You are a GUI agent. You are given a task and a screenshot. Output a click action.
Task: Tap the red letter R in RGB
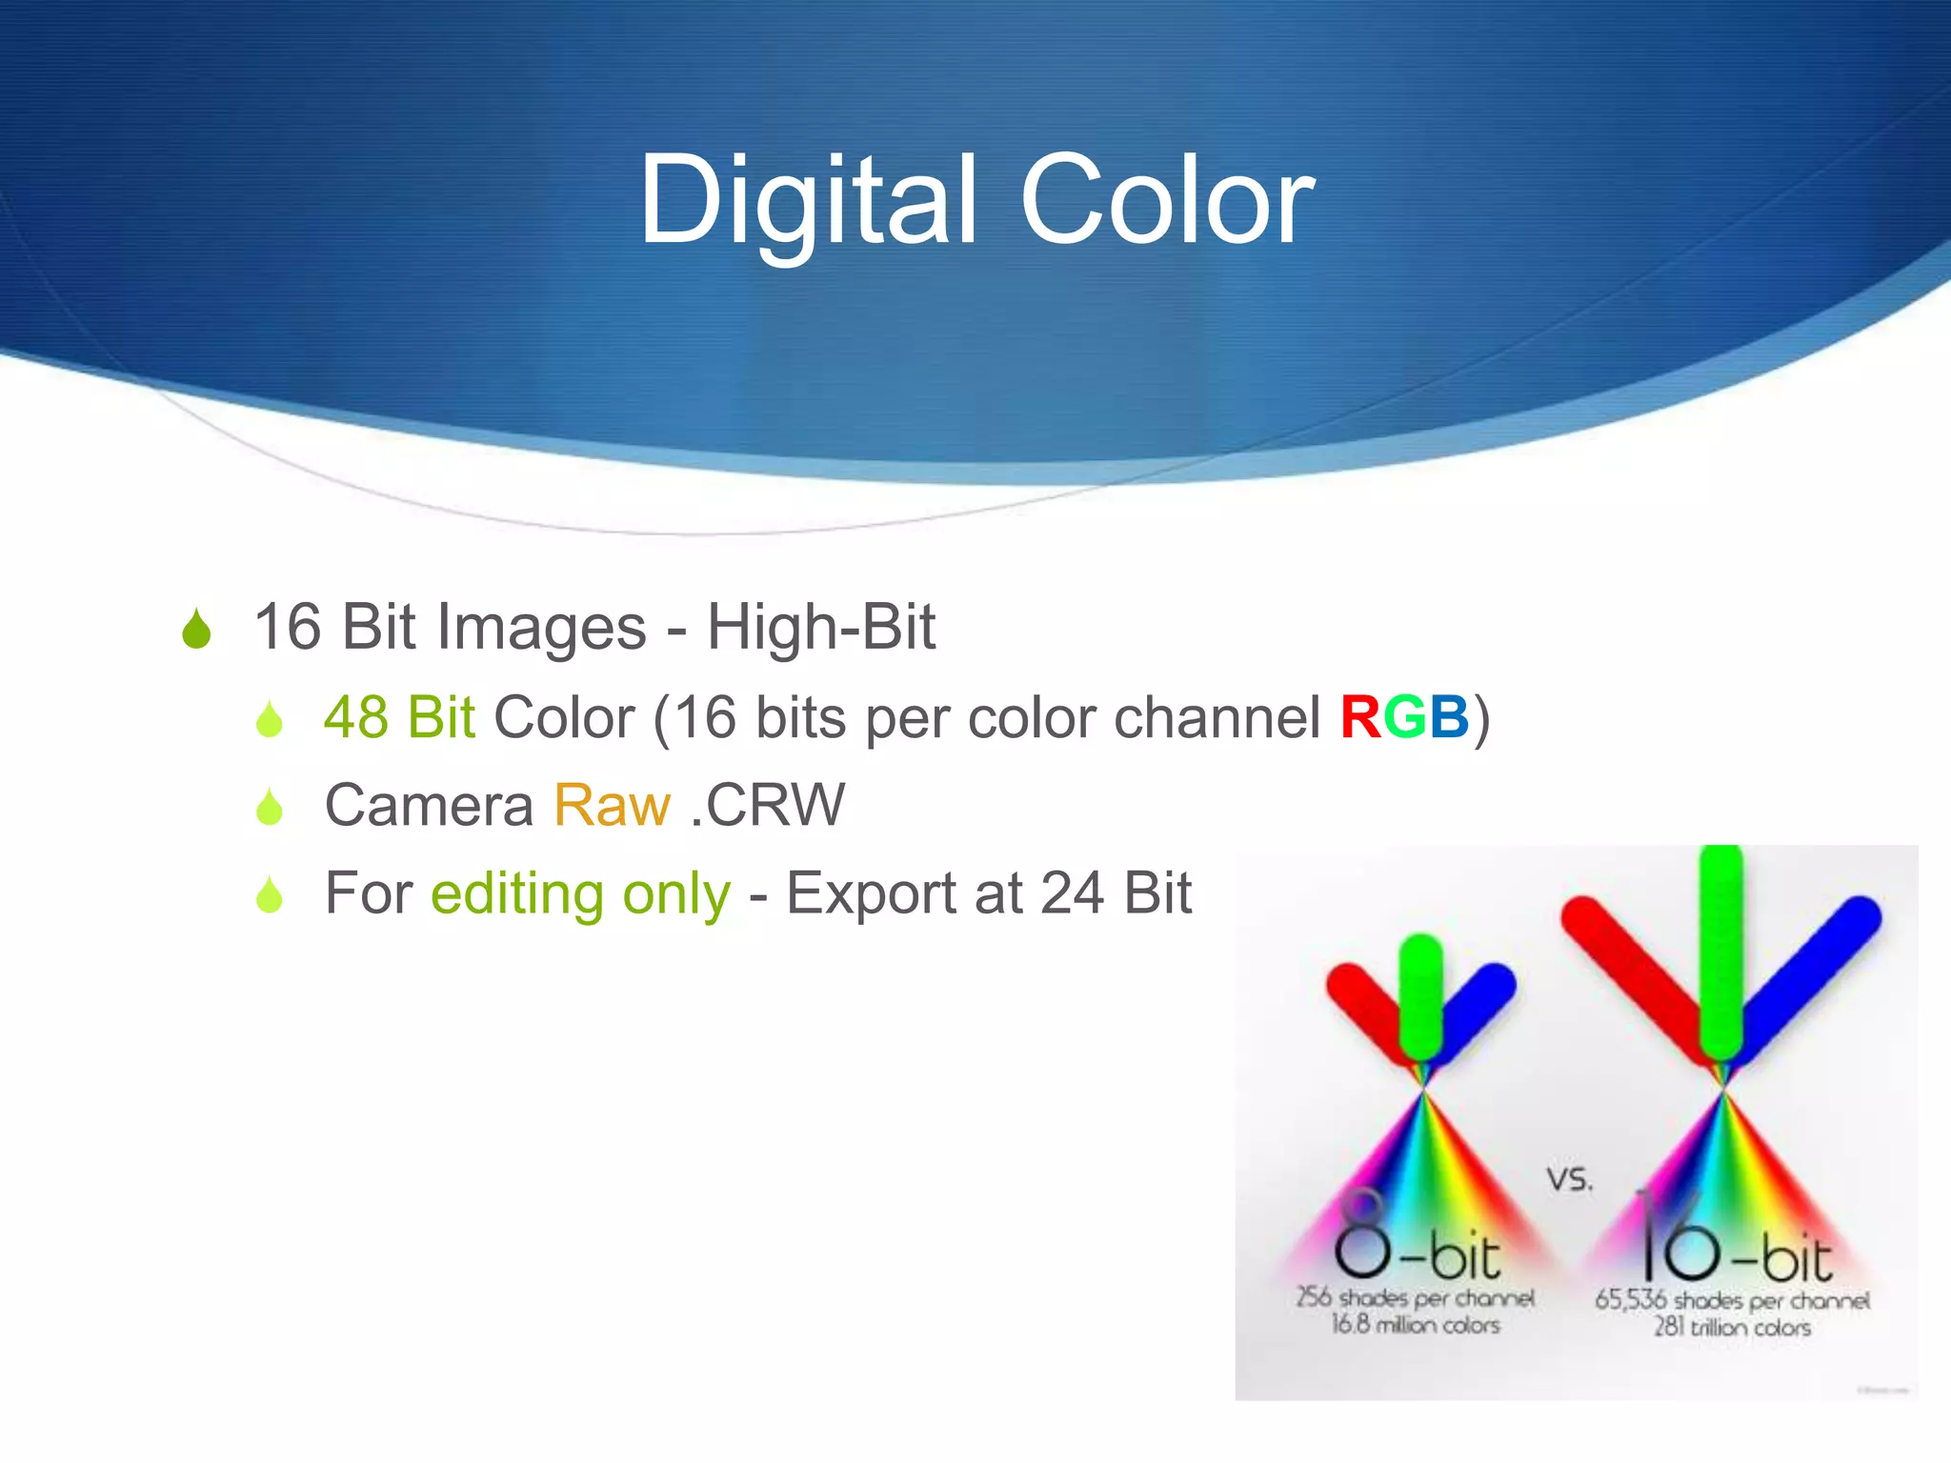point(1360,717)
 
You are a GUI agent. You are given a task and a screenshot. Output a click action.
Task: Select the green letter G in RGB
point(1404,717)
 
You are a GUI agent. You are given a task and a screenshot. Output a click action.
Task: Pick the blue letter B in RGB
point(1449,717)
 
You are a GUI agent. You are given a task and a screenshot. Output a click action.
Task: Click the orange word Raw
point(612,806)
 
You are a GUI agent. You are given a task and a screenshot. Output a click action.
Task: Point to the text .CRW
point(768,806)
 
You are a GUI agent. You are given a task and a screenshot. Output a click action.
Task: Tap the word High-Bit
point(820,628)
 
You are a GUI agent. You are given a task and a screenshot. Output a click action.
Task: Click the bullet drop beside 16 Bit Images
point(196,629)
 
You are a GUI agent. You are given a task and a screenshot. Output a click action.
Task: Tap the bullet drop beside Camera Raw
point(270,807)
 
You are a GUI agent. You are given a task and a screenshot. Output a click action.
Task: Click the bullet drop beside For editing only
point(270,895)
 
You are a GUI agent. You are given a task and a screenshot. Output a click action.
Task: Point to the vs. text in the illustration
point(1569,1179)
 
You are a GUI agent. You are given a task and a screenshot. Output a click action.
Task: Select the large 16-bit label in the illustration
point(1734,1243)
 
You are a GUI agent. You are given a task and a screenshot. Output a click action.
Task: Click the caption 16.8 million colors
point(1416,1325)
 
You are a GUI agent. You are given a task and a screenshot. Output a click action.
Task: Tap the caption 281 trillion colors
point(1732,1327)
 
